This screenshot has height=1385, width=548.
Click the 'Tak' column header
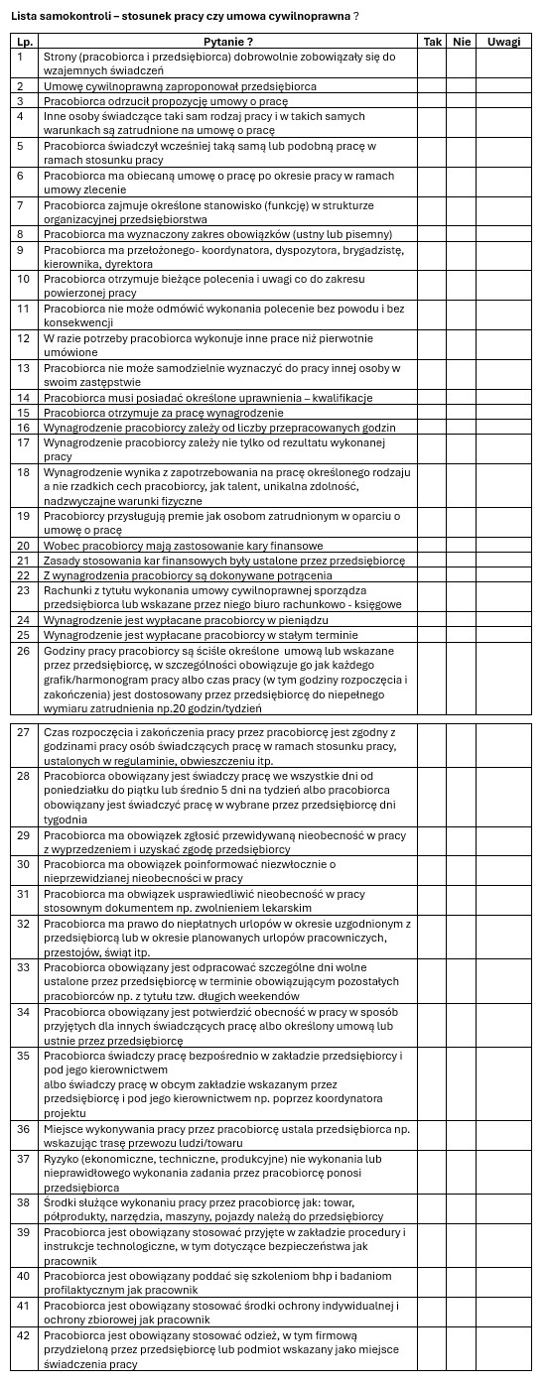[x=432, y=42]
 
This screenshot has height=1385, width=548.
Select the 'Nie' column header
[x=462, y=42]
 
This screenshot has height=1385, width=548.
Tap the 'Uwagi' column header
[x=504, y=42]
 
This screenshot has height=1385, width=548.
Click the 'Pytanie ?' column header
[x=228, y=42]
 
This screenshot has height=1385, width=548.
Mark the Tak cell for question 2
[x=432, y=86]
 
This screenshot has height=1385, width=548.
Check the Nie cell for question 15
[x=462, y=412]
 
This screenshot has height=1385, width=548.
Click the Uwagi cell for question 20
[x=504, y=546]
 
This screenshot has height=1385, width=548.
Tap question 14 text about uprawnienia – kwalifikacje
[x=194, y=398]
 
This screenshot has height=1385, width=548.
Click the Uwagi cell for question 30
[x=504, y=871]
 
